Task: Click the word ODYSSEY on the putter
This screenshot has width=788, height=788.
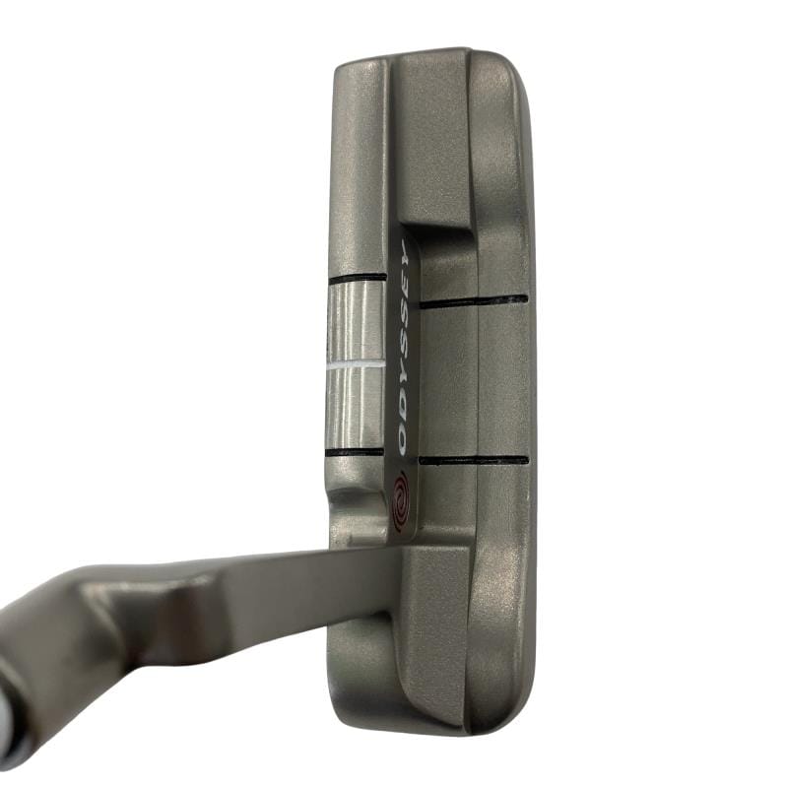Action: tap(403, 347)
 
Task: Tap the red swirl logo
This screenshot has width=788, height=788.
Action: tap(402, 502)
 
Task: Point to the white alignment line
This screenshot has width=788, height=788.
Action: tap(355, 363)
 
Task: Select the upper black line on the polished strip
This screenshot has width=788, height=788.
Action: tap(358, 278)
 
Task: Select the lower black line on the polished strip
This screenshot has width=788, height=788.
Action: tap(355, 452)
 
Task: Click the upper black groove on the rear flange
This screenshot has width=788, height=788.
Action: tap(474, 301)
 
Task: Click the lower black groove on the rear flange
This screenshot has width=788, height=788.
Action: tap(474, 459)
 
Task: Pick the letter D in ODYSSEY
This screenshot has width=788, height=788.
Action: tap(403, 415)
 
